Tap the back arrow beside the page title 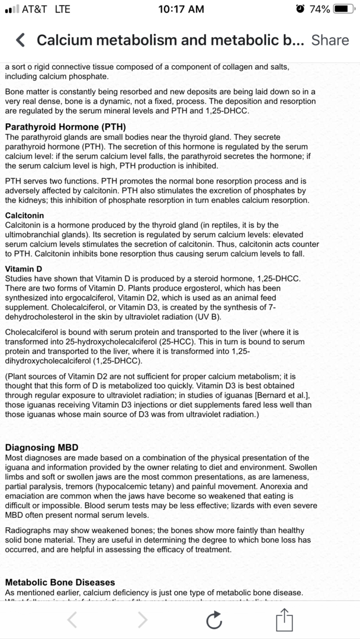[20, 40]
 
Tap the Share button [330, 40]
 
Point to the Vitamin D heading [24, 269]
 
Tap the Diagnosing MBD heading [41, 447]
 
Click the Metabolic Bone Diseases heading [60, 582]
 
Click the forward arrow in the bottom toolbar [143, 619]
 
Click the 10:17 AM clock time [182, 9]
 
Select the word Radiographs [28, 530]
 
